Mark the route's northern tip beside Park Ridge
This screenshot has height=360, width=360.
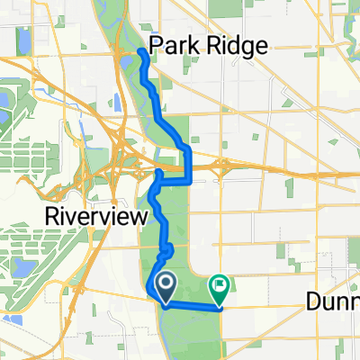tap(142, 54)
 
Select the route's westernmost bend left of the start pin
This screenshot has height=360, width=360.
tap(148, 289)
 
